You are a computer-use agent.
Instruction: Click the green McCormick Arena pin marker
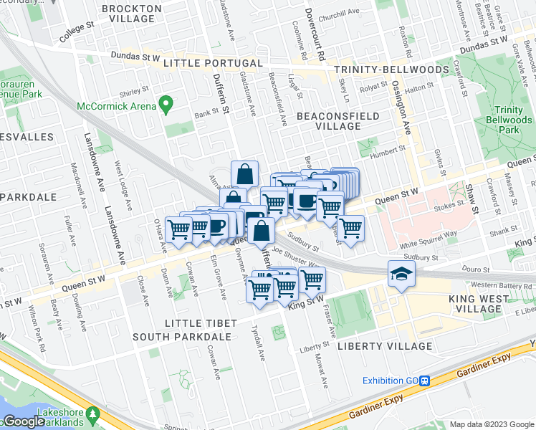point(166,105)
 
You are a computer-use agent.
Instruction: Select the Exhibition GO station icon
point(425,381)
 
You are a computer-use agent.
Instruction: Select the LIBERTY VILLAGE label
point(385,346)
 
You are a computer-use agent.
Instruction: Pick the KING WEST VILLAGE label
point(485,304)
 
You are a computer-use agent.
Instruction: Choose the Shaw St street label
point(471,199)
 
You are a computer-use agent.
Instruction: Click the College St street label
point(77,33)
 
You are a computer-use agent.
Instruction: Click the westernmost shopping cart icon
point(178,229)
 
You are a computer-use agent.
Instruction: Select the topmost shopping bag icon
point(244,173)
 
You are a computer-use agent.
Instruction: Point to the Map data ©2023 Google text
point(492,424)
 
